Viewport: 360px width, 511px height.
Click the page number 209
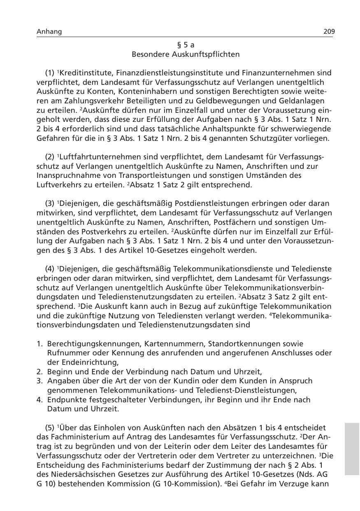[329, 32]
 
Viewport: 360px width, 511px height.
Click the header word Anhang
[49, 32]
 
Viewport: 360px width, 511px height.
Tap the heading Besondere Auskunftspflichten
[186, 54]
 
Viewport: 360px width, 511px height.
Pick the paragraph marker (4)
[50, 269]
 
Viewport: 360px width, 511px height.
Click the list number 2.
[39, 371]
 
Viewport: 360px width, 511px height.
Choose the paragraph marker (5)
[50, 427]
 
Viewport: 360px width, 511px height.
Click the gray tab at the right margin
[352, 448]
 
